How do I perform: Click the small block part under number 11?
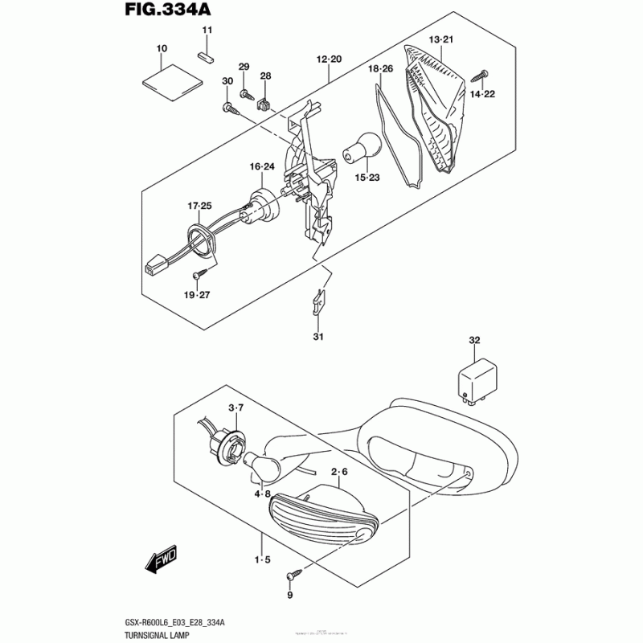coord(206,56)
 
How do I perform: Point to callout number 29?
coord(244,66)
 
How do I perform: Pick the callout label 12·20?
coord(330,60)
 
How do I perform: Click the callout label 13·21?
coord(441,39)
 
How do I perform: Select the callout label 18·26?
coord(380,69)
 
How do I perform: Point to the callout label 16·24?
coord(262,167)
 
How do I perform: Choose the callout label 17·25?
coord(199,207)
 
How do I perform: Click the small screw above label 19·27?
coord(196,276)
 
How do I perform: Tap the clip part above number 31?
coord(318,302)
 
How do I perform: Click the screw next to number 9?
coord(293,575)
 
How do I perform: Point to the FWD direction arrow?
coord(161,558)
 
